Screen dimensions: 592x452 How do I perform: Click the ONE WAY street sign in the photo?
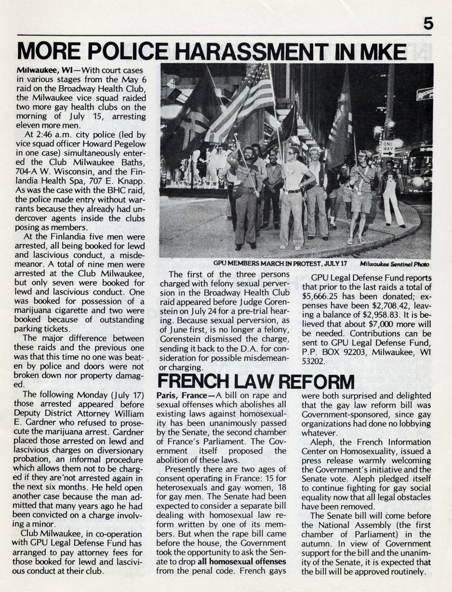coord(387,147)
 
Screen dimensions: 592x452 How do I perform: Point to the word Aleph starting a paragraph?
coord(324,442)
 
